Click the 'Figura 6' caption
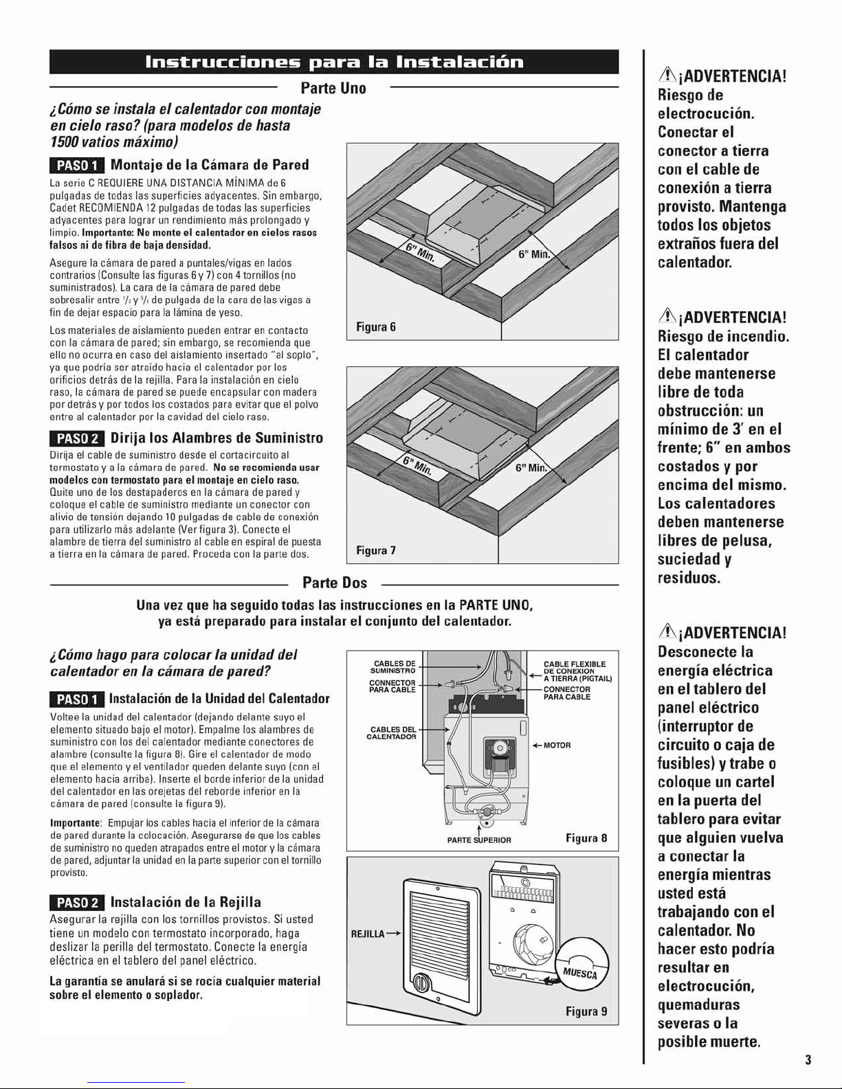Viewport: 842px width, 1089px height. click(376, 327)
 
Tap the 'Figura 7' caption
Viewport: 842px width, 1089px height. click(376, 550)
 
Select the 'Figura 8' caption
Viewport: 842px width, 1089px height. click(586, 838)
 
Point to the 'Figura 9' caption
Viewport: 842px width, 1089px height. click(586, 1011)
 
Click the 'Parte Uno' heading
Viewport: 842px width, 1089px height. click(333, 88)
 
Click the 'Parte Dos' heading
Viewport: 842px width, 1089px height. click(335, 583)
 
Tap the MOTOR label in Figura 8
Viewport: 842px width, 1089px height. click(557, 745)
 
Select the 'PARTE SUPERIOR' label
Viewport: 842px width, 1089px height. click(479, 840)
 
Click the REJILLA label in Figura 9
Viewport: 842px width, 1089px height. click(367, 934)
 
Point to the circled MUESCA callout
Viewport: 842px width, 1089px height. click(583, 965)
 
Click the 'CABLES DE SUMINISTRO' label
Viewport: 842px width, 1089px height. click(393, 667)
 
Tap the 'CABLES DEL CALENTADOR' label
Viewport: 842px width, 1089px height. click(391, 733)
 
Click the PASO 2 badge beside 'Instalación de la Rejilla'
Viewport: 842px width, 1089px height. click(77, 903)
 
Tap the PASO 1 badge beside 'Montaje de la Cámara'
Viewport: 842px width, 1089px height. click(77, 166)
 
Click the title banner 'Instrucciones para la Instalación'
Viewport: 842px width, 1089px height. click(334, 62)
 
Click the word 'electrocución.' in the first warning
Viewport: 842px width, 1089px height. click(706, 114)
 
